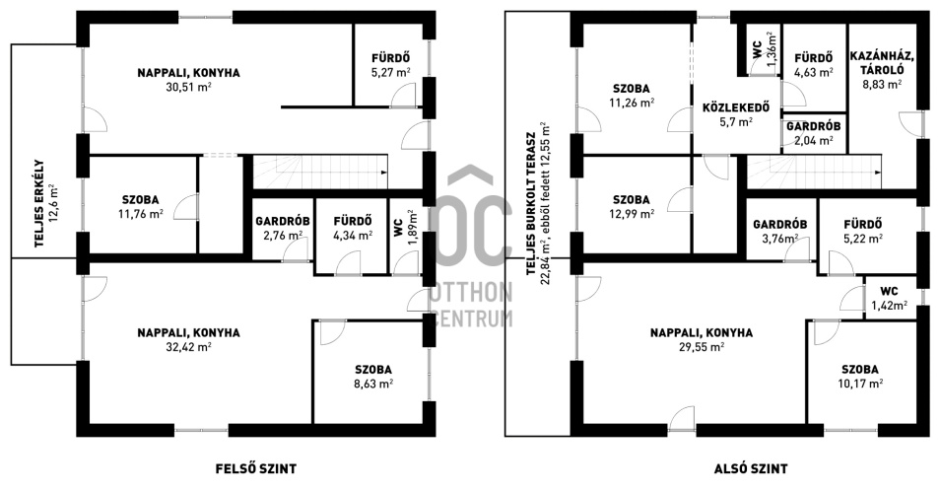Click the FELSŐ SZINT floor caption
pos(255,469)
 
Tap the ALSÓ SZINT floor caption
pos(751,469)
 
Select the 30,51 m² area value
pos(188,87)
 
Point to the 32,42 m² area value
pos(188,346)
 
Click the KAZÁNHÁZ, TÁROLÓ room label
pos(882,63)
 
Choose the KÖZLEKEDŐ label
pos(736,108)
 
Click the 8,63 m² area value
pos(373,384)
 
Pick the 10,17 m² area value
pos(860,384)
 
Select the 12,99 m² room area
pos(632,213)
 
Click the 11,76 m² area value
pos(141,213)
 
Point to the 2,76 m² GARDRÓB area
pos(283,235)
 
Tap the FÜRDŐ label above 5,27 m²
pos(390,58)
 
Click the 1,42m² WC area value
pos(889,305)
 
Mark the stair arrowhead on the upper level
pos(383,173)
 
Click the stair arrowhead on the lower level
pos(878,173)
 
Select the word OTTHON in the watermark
pos(471,294)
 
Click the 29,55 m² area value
pos(702,346)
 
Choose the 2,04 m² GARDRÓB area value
pos(813,141)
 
